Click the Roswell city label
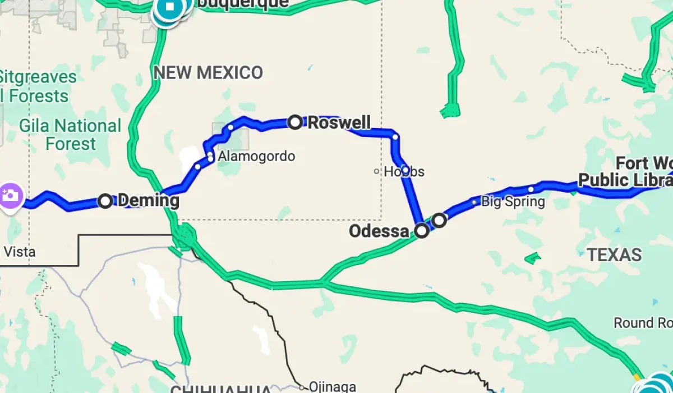click(x=339, y=122)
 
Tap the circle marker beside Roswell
click(x=295, y=122)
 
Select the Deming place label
click(x=149, y=200)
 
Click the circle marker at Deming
click(x=105, y=200)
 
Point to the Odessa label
click(x=379, y=231)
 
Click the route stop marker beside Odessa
click(x=422, y=230)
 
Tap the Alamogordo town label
click(x=256, y=156)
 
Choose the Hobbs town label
click(x=404, y=172)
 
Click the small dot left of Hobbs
click(x=377, y=171)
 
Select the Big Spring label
click(x=513, y=202)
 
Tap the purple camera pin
click(x=10, y=196)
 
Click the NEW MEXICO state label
click(x=208, y=72)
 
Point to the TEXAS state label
click(x=614, y=255)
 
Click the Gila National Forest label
click(x=70, y=135)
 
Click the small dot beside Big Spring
click(x=474, y=202)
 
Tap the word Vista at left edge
click(x=19, y=252)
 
